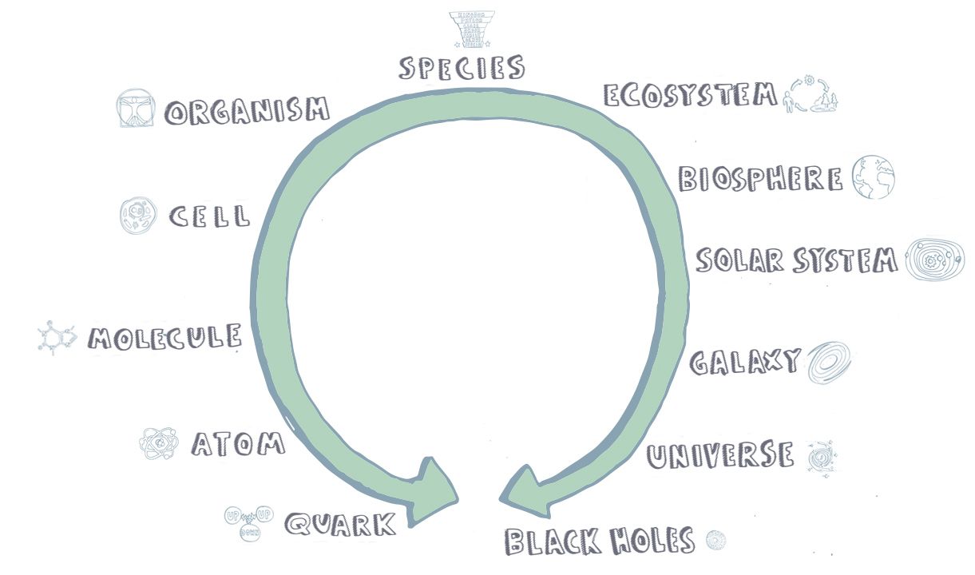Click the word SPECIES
(462, 67)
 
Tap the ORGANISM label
(247, 111)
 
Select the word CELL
(209, 216)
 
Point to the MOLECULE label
(164, 338)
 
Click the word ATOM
(238, 443)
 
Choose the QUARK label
(340, 525)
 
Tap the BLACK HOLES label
(600, 541)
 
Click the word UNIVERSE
(720, 455)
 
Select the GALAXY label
(744, 362)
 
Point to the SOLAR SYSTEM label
(796, 260)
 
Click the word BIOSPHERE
(760, 178)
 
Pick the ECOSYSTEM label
(690, 95)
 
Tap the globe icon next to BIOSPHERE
(873, 176)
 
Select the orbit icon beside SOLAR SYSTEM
(934, 260)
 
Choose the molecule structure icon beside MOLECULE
(57, 338)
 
